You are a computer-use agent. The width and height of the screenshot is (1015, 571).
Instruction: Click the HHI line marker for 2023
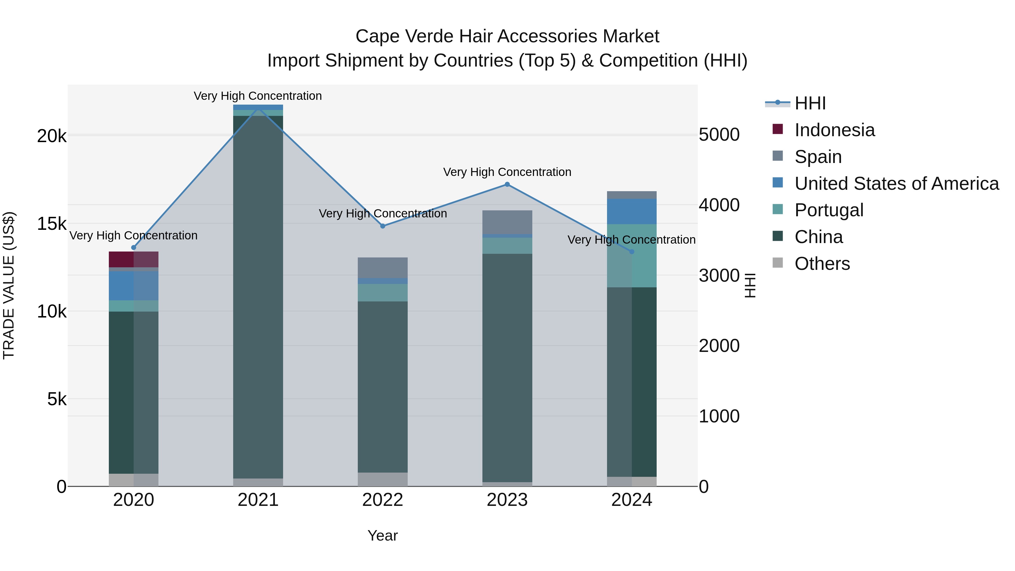(507, 184)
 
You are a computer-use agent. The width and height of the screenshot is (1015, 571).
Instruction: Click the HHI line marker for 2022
(383, 226)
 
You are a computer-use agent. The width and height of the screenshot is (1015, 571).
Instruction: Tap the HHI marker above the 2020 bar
(134, 248)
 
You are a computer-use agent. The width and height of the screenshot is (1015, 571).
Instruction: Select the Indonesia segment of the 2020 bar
(134, 259)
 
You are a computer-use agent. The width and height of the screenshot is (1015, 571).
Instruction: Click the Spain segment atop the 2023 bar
(507, 222)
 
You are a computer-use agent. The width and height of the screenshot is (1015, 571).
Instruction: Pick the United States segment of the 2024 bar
(632, 211)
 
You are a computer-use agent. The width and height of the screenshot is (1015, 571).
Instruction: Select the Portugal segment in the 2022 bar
(383, 292)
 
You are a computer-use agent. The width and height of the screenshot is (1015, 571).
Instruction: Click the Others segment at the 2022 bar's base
(383, 479)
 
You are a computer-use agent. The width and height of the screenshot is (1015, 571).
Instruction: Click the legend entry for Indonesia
(834, 130)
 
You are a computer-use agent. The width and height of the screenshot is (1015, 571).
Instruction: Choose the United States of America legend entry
(896, 184)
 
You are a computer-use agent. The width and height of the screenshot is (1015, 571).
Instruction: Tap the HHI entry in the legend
(810, 103)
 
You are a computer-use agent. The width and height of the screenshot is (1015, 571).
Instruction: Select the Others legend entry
(822, 264)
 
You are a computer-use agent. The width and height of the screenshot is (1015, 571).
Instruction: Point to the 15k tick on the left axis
(52, 224)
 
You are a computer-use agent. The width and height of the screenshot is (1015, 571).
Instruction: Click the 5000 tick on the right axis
(719, 135)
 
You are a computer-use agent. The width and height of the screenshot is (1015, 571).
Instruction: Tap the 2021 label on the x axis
(258, 500)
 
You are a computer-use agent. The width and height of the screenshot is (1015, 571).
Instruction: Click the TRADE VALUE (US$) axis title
(9, 285)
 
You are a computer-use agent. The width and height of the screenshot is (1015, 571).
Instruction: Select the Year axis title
(383, 535)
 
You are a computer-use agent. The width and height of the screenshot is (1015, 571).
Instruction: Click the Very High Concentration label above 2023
(507, 172)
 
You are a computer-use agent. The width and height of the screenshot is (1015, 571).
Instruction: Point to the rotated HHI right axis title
(750, 285)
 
